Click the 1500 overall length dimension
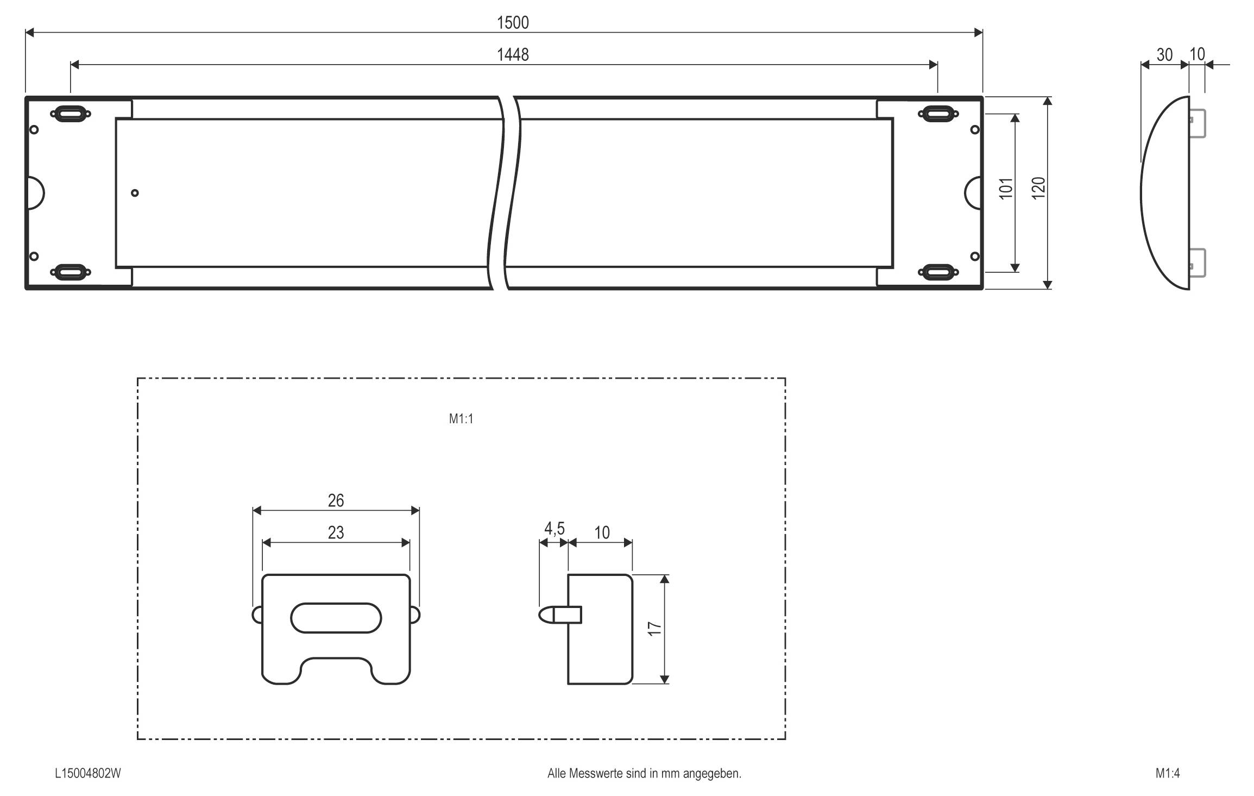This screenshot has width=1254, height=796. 513,22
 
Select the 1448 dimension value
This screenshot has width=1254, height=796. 513,54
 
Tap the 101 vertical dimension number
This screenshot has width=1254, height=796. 1006,189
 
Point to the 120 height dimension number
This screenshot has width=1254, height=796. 1038,189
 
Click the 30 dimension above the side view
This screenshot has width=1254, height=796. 1164,54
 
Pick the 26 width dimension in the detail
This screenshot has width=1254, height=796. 336,500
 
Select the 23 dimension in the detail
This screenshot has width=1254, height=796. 336,532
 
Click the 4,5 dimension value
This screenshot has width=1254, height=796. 554,528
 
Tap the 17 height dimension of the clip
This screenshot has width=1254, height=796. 655,628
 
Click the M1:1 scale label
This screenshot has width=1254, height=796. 461,419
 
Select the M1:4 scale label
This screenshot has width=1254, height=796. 1168,773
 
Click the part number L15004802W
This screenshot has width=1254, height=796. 87,773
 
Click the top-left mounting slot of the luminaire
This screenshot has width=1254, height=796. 70,114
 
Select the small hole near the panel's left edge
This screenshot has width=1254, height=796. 135,193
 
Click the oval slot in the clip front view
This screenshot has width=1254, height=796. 336,618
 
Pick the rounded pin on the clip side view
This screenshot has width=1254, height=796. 547,615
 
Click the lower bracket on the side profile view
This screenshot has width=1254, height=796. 1198,262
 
